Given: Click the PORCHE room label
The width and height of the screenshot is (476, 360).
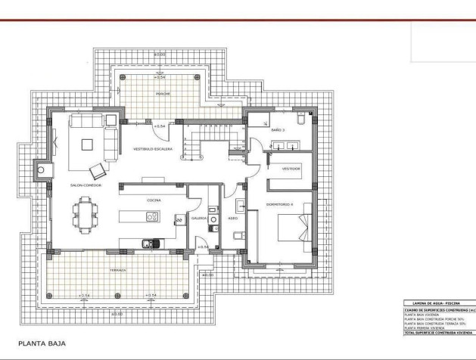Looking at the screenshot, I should coord(163,94).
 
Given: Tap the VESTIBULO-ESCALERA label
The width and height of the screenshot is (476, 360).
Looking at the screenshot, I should coord(153,149).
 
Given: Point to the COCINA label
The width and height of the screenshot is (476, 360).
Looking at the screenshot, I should coord(154,200).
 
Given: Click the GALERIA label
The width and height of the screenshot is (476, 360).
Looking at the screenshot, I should coord(200,217).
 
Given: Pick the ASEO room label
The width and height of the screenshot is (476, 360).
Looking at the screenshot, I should coord(232,217).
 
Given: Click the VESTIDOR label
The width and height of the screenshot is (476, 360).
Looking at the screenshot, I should coord(292,169).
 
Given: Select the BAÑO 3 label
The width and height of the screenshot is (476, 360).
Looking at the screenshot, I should coord(277,130).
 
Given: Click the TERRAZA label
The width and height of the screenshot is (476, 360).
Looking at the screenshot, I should coord(117,269).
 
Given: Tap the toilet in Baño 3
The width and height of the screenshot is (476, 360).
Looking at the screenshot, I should coord(300,118).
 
